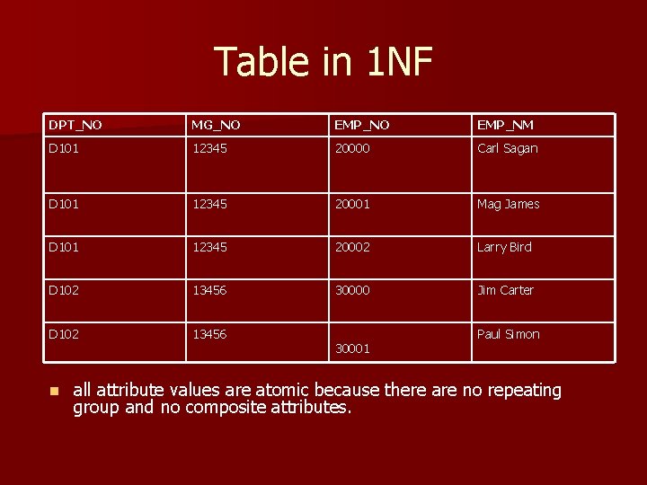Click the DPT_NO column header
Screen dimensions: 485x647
[75, 125]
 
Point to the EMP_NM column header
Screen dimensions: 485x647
[505, 125]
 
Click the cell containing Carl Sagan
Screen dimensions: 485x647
[508, 149]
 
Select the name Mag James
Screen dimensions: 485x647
[509, 205]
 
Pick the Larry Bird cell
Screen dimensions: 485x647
[504, 248]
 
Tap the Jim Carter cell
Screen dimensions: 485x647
[505, 291]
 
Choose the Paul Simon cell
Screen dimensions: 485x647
[509, 334]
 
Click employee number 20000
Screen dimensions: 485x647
[352, 149]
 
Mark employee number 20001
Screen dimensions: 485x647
[352, 205]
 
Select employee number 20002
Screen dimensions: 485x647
[352, 248]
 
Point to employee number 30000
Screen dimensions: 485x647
[352, 291]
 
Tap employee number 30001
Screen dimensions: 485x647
[352, 348]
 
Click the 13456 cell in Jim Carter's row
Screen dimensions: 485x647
[208, 291]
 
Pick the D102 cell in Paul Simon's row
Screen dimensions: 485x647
[65, 334]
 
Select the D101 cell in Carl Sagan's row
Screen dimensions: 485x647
[65, 149]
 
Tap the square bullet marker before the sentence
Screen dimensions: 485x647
[53, 392]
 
